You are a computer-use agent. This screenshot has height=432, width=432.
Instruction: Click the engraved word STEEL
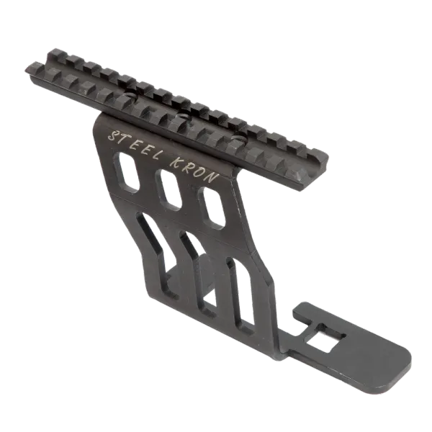pyautogui.click(x=135, y=145)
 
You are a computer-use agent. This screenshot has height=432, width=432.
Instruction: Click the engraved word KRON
pyautogui.click(x=195, y=171)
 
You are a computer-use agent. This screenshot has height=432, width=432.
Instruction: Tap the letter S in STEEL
pyautogui.click(x=113, y=135)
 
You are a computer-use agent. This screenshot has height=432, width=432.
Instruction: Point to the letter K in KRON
pyautogui.click(x=177, y=163)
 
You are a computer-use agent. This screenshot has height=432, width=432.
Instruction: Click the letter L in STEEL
pyautogui.click(x=156, y=156)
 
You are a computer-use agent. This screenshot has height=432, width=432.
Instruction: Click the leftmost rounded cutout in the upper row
pyautogui.click(x=127, y=172)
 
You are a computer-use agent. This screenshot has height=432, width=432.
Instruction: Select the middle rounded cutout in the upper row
pyautogui.click(x=168, y=189)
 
